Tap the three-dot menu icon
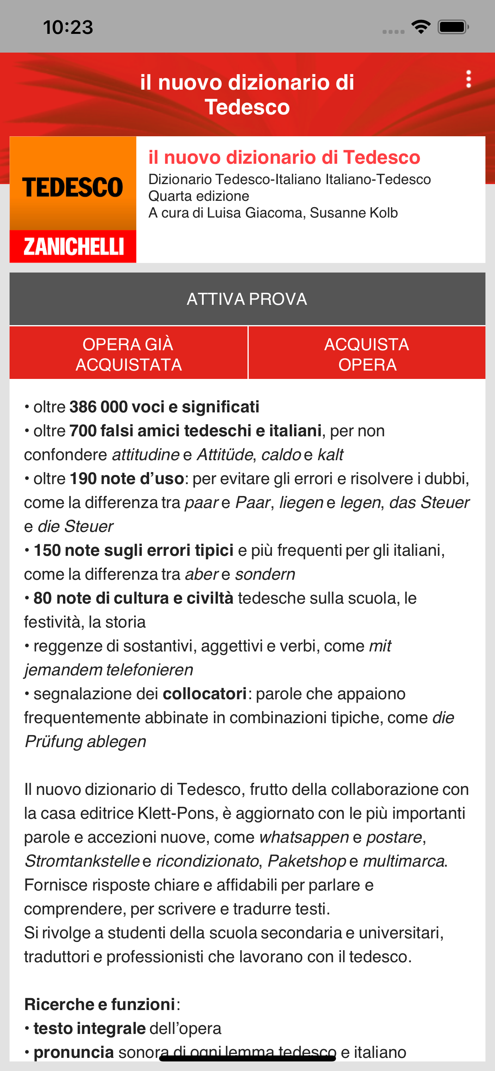click(x=468, y=79)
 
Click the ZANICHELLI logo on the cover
click(x=73, y=246)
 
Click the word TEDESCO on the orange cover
click(x=73, y=187)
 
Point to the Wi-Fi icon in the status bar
click(x=420, y=27)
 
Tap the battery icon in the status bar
click(x=453, y=27)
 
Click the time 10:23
click(x=68, y=27)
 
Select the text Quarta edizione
click(x=199, y=196)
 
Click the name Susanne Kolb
click(x=354, y=213)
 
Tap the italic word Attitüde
click(x=225, y=455)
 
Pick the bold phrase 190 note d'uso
click(x=127, y=479)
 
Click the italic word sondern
click(x=265, y=574)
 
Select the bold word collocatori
click(x=204, y=694)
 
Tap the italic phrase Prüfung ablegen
click(x=86, y=742)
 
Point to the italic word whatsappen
click(x=304, y=838)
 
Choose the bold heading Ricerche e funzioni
click(x=100, y=1004)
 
